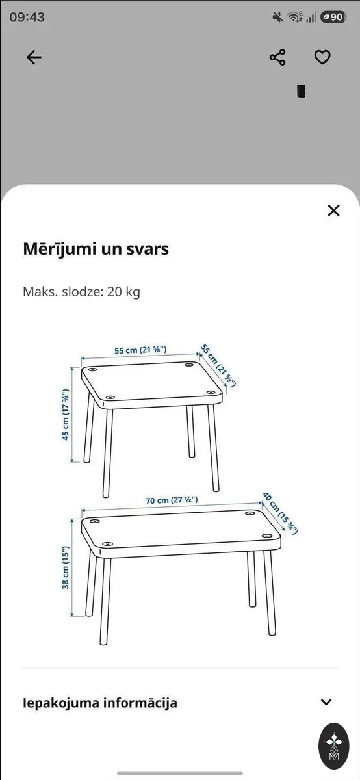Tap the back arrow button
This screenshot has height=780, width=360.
(34, 57)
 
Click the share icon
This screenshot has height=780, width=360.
(277, 57)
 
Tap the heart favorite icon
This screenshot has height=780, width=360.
(322, 57)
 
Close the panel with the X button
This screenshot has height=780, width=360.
(333, 211)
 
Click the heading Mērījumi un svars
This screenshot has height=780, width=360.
(96, 250)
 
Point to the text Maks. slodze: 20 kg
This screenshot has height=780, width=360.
(81, 292)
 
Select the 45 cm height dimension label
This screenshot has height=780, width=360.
(65, 415)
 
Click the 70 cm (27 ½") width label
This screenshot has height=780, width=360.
(172, 500)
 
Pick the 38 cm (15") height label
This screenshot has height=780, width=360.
(65, 567)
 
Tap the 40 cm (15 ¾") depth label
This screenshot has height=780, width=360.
(280, 513)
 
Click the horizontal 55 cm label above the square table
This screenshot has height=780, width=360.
(140, 350)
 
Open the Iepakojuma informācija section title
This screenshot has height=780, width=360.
(100, 703)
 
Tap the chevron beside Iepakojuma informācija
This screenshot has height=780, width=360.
(326, 702)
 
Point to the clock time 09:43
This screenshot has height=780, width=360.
(27, 17)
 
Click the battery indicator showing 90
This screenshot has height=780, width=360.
(333, 17)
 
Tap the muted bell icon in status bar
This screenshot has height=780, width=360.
(277, 17)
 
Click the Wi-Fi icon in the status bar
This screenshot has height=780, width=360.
(295, 17)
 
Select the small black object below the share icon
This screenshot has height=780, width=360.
(301, 91)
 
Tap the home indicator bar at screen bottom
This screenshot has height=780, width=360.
(180, 773)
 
